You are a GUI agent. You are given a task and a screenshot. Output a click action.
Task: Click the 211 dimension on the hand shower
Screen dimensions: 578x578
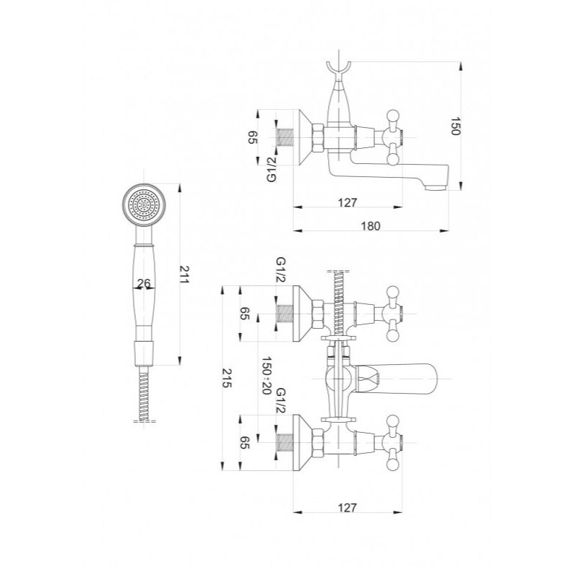(184, 275)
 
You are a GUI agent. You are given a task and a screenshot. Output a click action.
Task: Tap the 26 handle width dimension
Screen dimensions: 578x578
(144, 282)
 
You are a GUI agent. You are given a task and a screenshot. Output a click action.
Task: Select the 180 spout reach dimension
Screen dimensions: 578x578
(370, 225)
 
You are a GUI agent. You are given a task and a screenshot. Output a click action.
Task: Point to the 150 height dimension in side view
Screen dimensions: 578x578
(456, 126)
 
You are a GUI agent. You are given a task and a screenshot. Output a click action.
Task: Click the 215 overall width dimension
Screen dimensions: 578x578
(227, 378)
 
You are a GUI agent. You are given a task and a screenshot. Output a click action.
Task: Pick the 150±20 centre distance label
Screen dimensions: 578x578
(266, 375)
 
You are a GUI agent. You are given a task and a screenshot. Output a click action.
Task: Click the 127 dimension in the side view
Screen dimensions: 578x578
(348, 202)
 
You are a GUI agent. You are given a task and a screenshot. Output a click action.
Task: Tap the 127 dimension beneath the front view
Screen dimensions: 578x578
(348, 508)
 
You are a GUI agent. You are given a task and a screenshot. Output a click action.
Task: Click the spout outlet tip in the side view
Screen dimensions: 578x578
(436, 188)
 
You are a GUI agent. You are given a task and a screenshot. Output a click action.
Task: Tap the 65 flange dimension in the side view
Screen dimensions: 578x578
(254, 137)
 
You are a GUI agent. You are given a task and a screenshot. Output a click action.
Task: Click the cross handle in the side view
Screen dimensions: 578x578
(392, 137)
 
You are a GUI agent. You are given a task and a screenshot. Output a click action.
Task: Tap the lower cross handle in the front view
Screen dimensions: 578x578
(392, 443)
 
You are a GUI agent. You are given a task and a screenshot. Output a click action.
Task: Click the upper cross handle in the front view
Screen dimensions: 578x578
(392, 314)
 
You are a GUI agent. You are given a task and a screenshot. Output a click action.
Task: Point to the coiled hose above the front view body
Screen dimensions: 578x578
(338, 303)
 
